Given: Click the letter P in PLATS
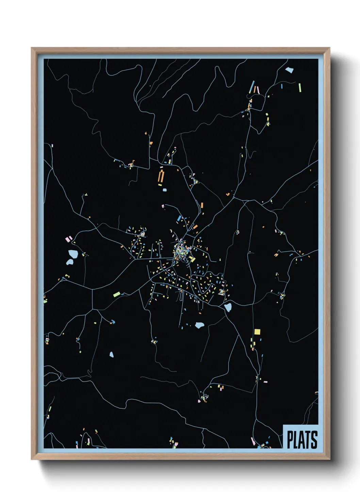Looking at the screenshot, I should point(290,440).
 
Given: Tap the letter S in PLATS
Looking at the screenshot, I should point(314,440).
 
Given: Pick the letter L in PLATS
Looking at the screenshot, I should point(296,440).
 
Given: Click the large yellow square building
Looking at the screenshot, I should point(257,331).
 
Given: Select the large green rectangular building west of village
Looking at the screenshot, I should point(117,294).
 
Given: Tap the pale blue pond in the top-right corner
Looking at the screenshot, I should point(289,70).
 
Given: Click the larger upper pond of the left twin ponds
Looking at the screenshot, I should point(73,253).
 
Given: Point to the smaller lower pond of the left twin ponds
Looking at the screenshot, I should point(69,262).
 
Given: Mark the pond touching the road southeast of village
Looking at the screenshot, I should point(228,308).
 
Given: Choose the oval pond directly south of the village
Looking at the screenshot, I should point(199,325).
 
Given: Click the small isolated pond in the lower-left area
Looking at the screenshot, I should point(111,355).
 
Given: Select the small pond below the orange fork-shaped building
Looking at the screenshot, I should point(165,190).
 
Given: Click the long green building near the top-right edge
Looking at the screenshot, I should point(300,88).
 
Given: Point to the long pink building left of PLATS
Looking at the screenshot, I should point(252,441).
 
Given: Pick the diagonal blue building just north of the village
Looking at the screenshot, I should point(179,218).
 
